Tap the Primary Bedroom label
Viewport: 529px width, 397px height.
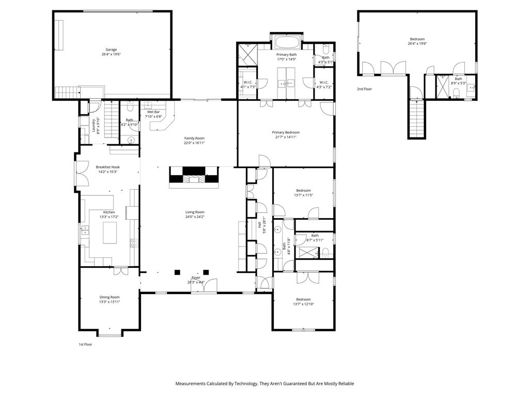(x=286, y=132)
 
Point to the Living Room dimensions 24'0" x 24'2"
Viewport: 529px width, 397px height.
(x=195, y=217)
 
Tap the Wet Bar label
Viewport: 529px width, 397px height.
(x=153, y=112)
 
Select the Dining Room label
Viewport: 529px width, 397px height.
(x=110, y=297)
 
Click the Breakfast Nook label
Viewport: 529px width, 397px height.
(x=106, y=167)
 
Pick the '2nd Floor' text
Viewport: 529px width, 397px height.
(x=364, y=89)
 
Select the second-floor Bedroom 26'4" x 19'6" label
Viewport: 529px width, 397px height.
(x=417, y=39)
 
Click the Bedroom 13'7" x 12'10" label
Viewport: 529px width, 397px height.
(x=303, y=299)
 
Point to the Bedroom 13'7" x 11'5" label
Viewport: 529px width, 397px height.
(x=303, y=190)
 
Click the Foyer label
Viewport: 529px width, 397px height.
(x=196, y=278)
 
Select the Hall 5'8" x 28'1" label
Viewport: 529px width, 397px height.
(x=259, y=225)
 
